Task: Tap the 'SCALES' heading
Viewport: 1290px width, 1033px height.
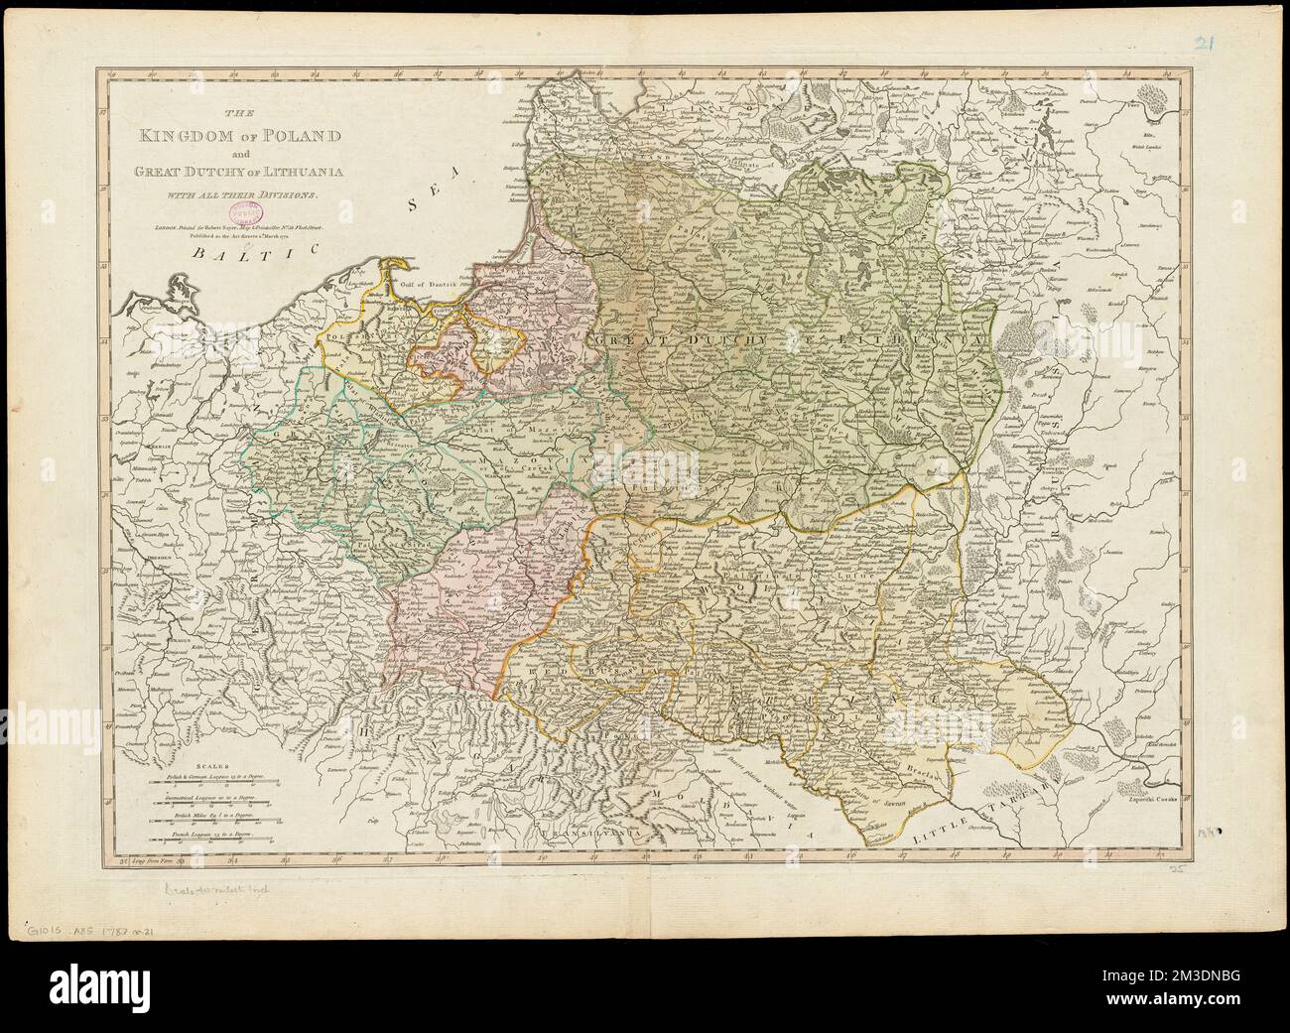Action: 211,767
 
